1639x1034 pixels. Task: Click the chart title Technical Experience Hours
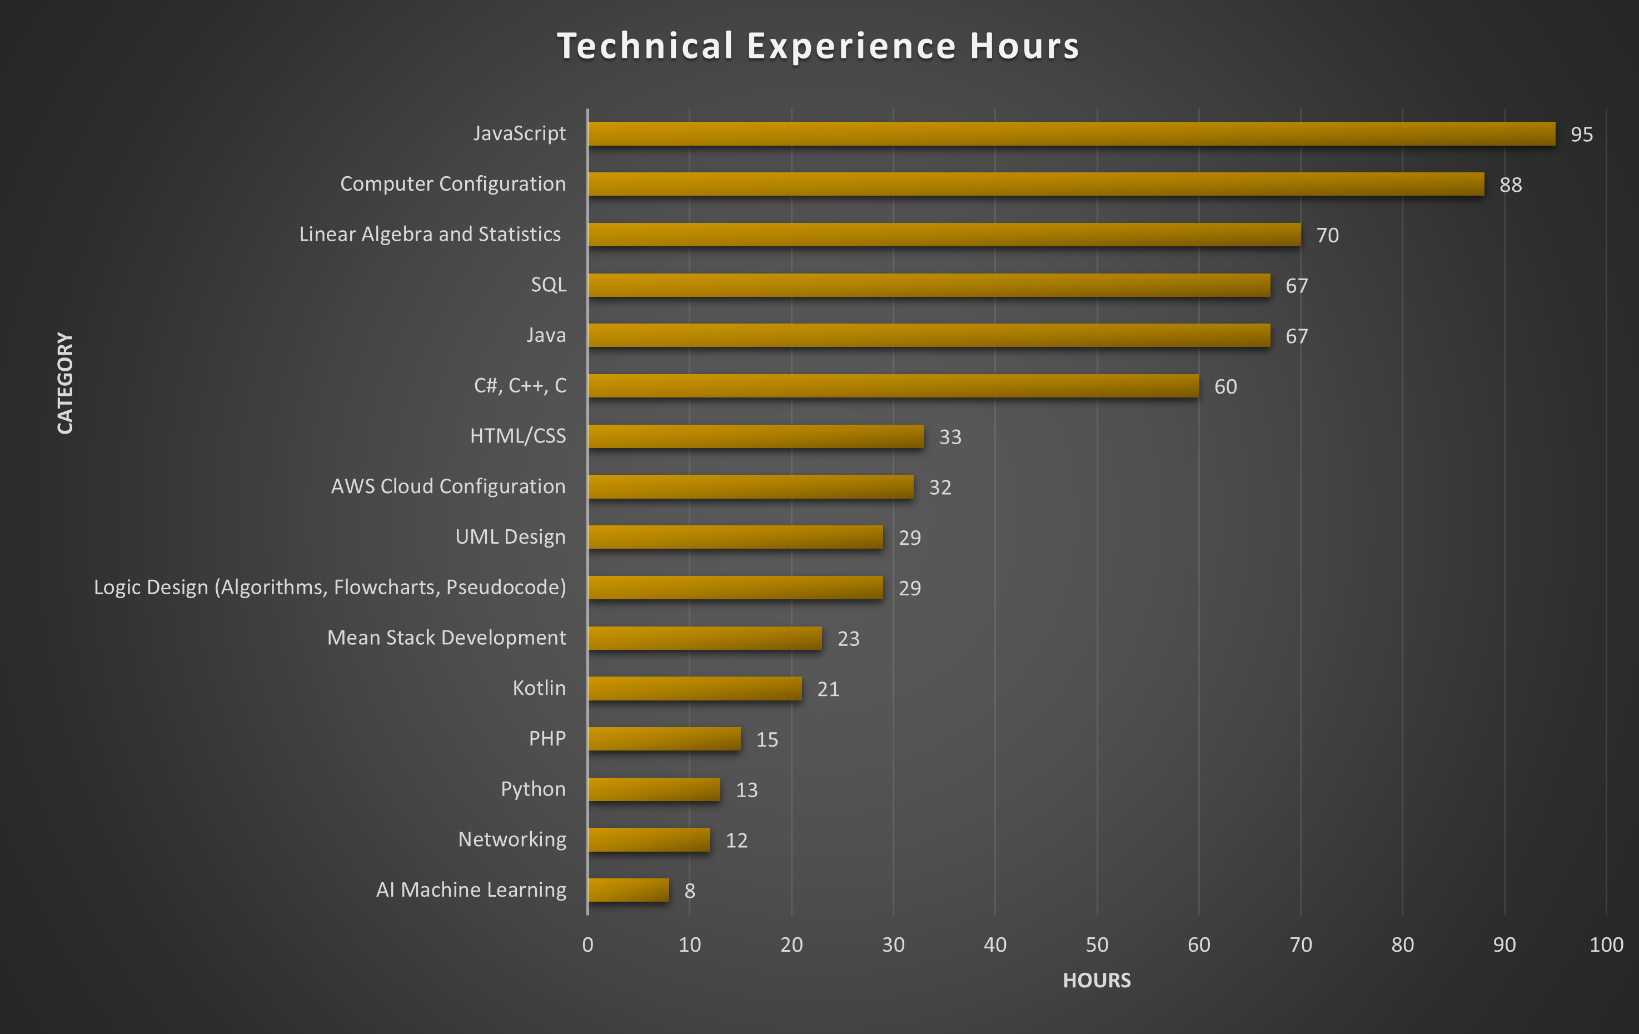pos(818,46)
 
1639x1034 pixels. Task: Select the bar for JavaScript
pos(1072,134)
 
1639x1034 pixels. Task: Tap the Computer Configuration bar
pos(1036,185)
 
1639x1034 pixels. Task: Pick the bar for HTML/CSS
pos(755,436)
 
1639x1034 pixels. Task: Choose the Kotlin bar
pos(694,688)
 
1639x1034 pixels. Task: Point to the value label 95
pos(1581,135)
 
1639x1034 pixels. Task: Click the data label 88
pos(1511,185)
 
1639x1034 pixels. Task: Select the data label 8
pos(690,891)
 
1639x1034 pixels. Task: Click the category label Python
pos(533,789)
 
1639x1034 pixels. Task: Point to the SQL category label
pos(548,285)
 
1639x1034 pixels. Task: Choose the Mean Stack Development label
pos(446,638)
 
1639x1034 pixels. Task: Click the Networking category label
pos(512,839)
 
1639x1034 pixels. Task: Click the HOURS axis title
pos(1097,980)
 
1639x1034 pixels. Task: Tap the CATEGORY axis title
pos(64,383)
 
